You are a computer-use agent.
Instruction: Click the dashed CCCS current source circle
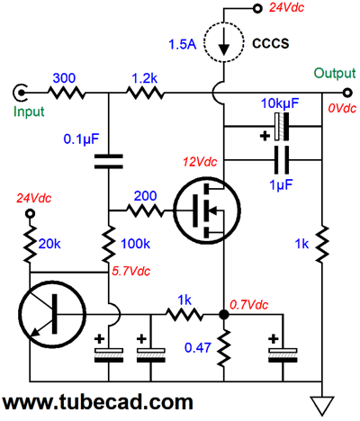(x=204, y=42)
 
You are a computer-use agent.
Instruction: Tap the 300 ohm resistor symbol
(x=67, y=93)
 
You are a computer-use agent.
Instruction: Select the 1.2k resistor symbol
(x=145, y=93)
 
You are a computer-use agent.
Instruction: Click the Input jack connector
(x=20, y=93)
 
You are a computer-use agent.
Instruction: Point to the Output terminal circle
(x=347, y=93)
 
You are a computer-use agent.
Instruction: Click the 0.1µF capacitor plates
(x=108, y=161)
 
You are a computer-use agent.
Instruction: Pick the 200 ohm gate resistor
(x=145, y=210)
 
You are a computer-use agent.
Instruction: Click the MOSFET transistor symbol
(x=207, y=210)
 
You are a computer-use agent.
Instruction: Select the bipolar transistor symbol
(x=52, y=315)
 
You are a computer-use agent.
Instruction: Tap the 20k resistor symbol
(x=30, y=245)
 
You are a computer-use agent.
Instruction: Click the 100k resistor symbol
(x=108, y=245)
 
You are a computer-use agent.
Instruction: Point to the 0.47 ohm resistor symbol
(x=224, y=348)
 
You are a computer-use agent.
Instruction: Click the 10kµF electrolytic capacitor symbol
(x=282, y=127)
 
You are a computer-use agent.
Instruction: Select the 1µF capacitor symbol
(x=282, y=160)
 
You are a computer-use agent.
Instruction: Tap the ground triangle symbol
(x=322, y=406)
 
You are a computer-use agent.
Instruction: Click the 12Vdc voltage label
(x=200, y=162)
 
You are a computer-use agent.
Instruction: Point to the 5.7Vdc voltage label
(x=130, y=271)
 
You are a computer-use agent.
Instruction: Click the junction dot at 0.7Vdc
(x=224, y=315)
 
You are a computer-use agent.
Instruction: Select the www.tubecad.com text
(x=98, y=402)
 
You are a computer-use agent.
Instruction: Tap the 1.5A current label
(x=183, y=45)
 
